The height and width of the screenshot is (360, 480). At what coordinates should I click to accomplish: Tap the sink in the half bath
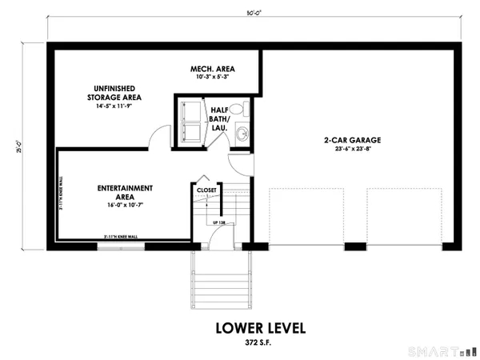coord(242,134)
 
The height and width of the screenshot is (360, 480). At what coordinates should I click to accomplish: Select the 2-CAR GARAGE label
coord(352,140)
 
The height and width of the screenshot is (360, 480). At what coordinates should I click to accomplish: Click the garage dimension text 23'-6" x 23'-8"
coord(352,149)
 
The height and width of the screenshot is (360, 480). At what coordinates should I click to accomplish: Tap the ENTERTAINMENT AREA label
coord(125,193)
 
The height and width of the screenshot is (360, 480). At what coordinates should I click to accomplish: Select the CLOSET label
coord(206,190)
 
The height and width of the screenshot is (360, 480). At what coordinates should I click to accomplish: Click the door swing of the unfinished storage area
coord(158,137)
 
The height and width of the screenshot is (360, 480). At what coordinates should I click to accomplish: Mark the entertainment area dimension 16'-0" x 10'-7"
coord(125,203)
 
